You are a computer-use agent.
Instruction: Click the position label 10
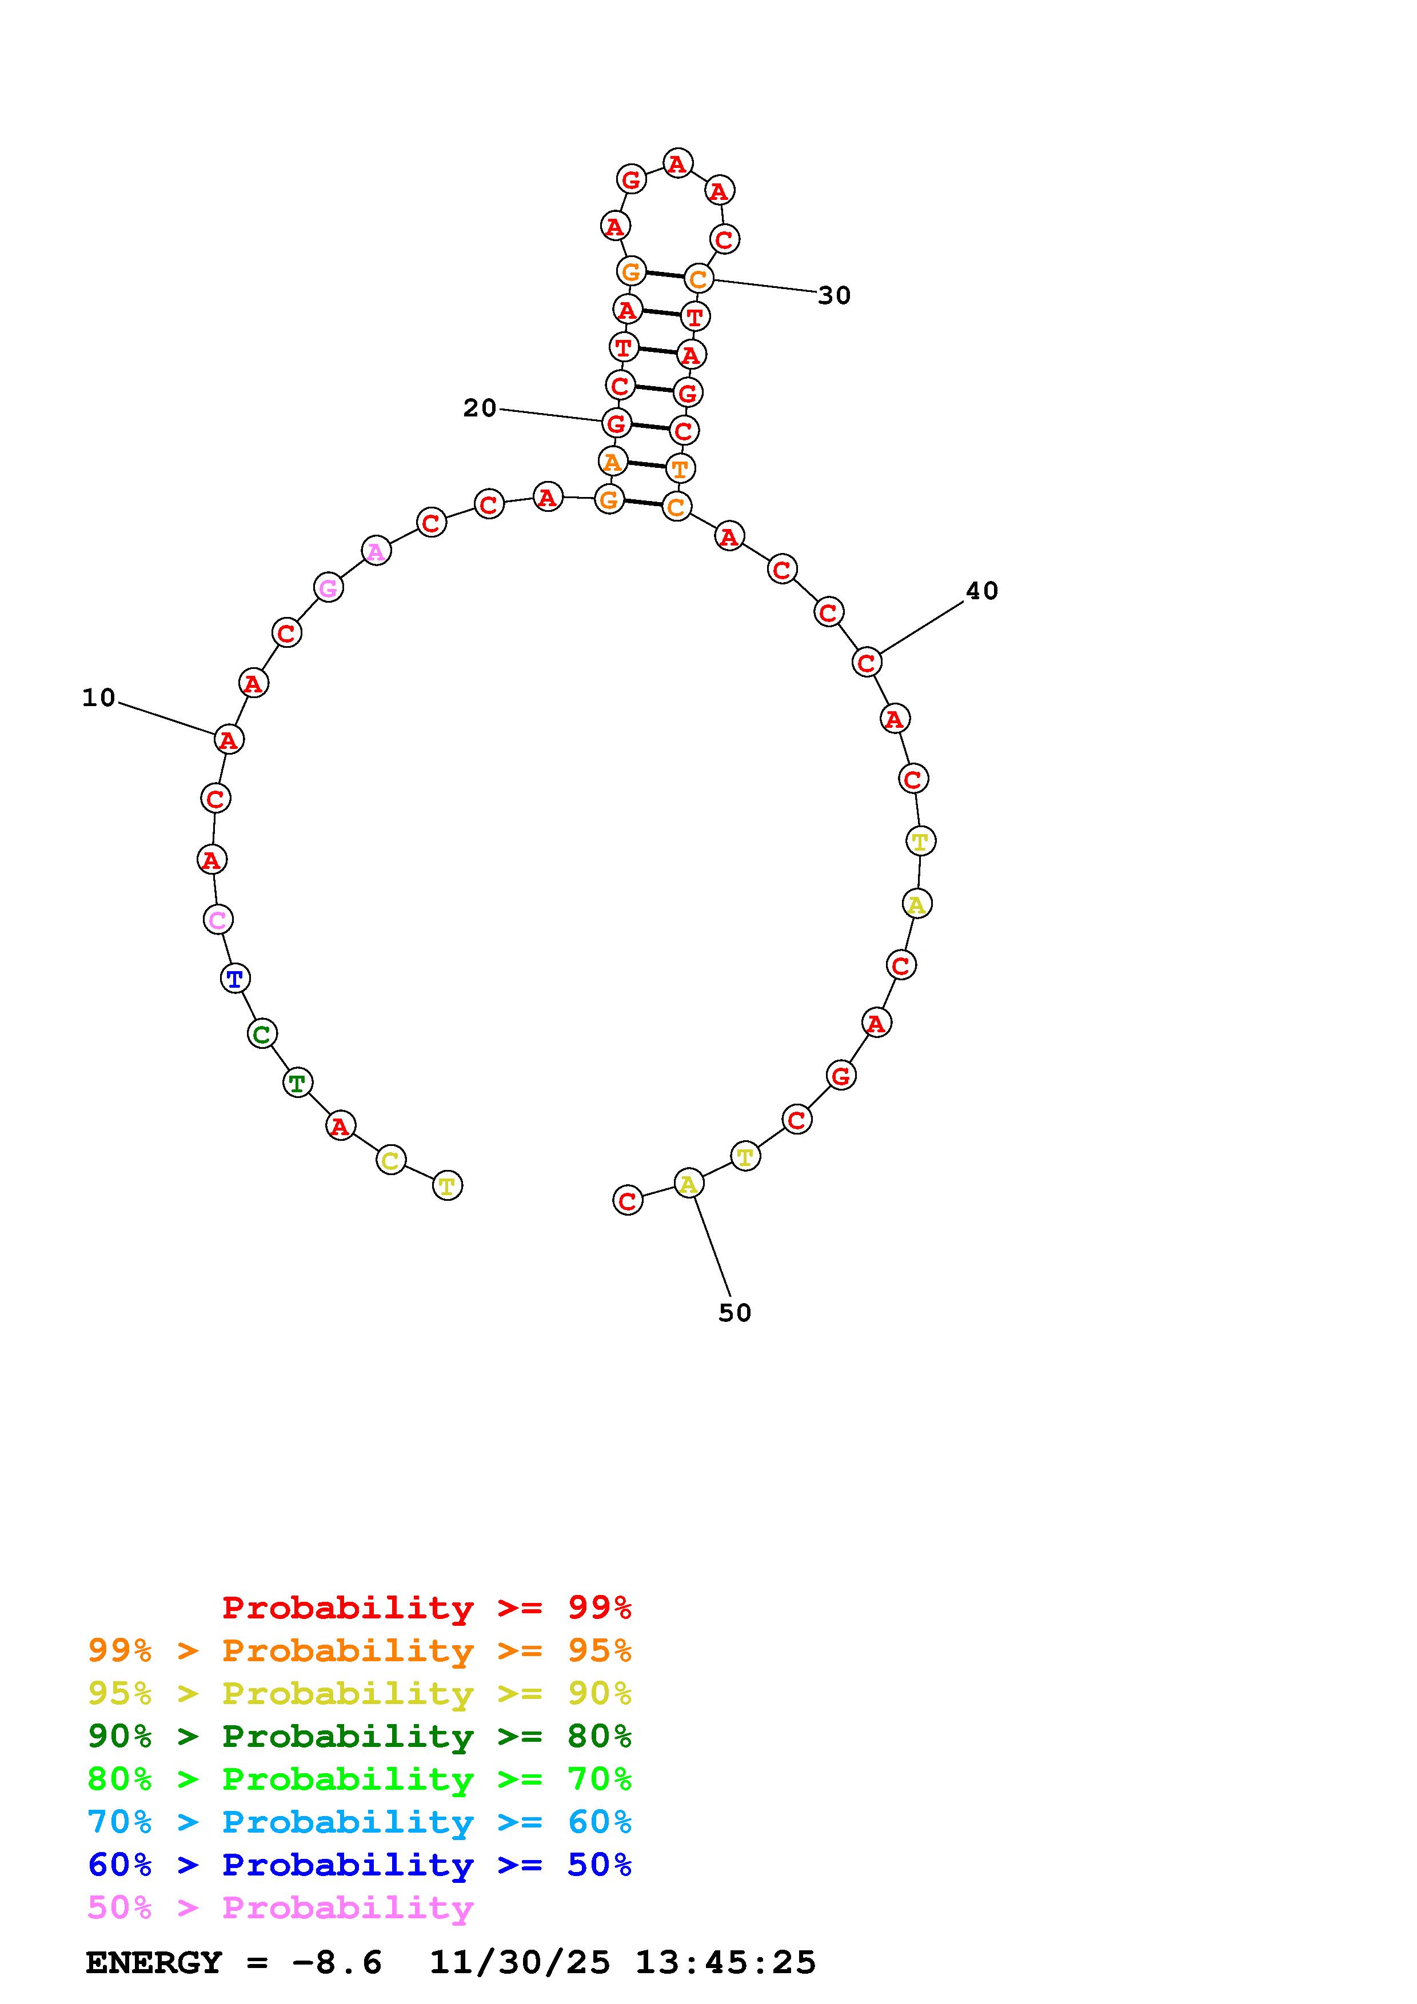(99, 698)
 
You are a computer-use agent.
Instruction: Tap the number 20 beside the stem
(480, 408)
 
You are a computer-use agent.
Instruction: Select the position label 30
(834, 296)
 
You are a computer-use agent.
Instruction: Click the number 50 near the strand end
(735, 1313)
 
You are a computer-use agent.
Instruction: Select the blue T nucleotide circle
(235, 979)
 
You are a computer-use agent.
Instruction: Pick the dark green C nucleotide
(262, 1035)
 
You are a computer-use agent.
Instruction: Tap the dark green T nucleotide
(298, 1083)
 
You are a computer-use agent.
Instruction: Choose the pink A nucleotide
(376, 551)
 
